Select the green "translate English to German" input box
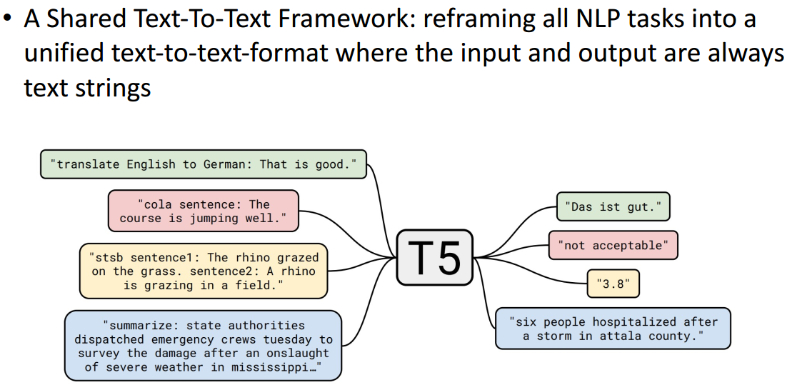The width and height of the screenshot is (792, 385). point(204,164)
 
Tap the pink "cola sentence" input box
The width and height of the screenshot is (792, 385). point(204,211)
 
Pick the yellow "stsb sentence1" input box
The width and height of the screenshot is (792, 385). point(204,271)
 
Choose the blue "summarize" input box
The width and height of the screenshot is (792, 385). point(204,346)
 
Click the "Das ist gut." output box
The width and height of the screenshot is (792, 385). point(613,206)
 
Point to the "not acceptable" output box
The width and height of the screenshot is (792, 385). point(613,245)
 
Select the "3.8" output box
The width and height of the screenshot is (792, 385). point(613,284)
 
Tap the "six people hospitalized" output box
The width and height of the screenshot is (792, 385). point(613,329)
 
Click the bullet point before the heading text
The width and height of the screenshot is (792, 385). point(8,19)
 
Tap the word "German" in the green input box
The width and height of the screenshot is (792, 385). point(227,164)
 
